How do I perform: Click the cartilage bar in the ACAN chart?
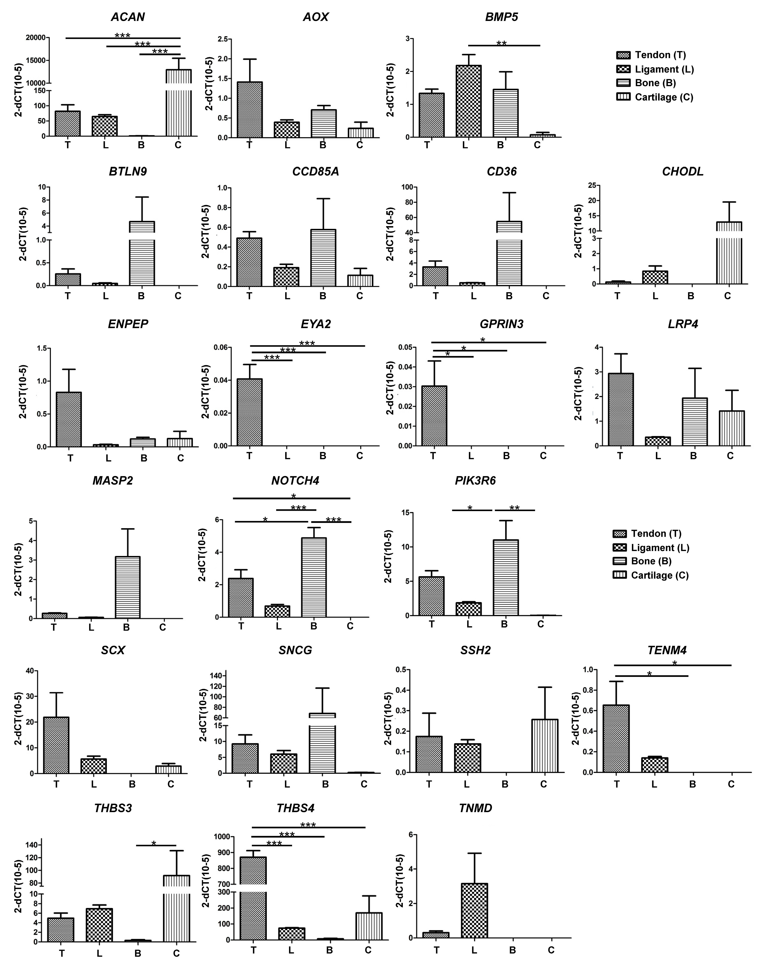point(178,106)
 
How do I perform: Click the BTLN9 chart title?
point(128,172)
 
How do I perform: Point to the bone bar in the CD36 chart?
point(509,257)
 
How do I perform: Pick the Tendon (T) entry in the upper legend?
point(652,55)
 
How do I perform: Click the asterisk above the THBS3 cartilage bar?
point(153,843)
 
